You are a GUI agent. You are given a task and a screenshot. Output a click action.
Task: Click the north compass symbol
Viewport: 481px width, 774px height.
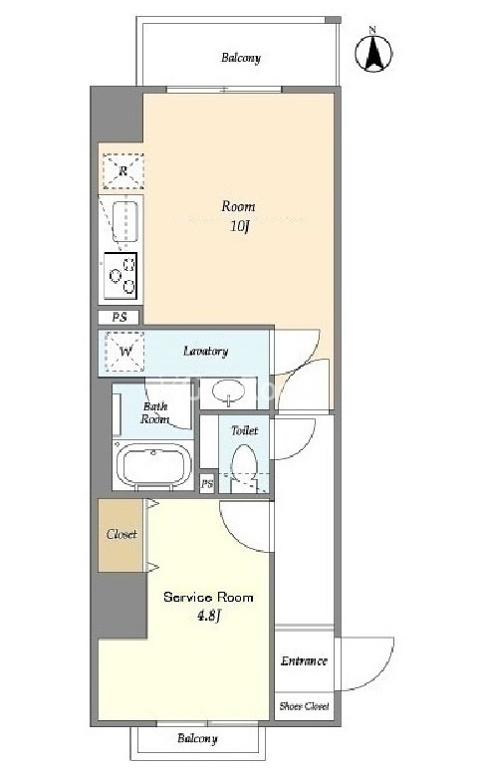(373, 51)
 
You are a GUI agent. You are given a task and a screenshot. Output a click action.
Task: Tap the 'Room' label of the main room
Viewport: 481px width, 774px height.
(238, 206)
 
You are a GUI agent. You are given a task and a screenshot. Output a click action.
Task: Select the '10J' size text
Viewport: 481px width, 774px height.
(239, 226)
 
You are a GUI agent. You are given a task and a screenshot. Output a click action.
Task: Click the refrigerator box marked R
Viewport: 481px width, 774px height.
(122, 171)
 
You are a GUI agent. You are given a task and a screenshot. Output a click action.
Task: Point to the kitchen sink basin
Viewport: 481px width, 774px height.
(124, 221)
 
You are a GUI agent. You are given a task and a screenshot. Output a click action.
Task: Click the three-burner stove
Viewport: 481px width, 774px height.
(120, 276)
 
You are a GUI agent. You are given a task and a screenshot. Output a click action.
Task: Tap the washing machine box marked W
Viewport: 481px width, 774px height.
(125, 352)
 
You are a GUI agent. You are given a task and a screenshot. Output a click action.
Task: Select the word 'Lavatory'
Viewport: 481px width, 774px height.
(205, 351)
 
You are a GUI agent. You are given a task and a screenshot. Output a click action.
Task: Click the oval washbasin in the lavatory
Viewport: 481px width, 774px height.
(228, 391)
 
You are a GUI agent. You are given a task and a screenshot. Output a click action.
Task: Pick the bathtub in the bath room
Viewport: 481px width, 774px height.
(153, 465)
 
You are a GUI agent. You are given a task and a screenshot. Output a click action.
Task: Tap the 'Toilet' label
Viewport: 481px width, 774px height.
(245, 430)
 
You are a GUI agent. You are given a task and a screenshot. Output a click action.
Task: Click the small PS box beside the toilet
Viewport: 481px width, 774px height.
(207, 483)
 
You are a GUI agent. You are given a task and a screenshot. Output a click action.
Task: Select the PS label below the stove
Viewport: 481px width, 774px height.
(119, 317)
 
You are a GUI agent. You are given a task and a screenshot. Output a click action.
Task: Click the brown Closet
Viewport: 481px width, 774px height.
(120, 535)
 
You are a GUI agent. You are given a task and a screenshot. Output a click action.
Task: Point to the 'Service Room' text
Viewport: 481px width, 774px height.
(208, 598)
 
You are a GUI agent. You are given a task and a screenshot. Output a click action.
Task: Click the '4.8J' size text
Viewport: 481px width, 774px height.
(208, 616)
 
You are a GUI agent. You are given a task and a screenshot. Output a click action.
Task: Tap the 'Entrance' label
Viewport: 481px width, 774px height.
(304, 661)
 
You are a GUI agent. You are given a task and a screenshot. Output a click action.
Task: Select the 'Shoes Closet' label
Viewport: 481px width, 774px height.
(304, 706)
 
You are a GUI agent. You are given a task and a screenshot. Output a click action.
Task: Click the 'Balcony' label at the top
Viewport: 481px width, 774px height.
(241, 58)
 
